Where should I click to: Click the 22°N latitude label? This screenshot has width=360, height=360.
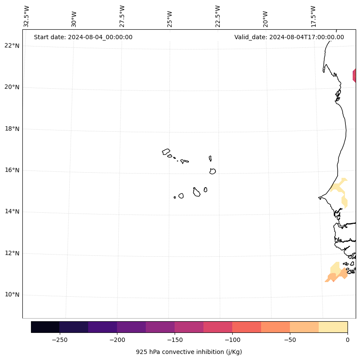click(12, 46)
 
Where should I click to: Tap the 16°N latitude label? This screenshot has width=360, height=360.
click(12, 170)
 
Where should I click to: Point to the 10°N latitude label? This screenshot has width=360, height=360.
click(12, 295)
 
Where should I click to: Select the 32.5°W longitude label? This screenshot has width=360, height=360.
click(27, 16)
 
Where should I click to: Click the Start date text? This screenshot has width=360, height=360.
click(83, 37)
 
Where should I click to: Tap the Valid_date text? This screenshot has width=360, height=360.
click(289, 37)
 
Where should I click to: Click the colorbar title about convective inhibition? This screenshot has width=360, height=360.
click(189, 352)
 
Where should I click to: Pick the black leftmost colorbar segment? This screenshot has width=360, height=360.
click(45, 327)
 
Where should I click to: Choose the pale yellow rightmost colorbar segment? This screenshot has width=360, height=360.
click(333, 327)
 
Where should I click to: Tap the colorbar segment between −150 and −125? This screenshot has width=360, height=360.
click(189, 327)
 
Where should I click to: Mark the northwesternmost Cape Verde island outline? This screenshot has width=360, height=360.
click(166, 152)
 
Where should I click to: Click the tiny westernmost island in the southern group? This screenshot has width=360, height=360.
click(175, 197)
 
